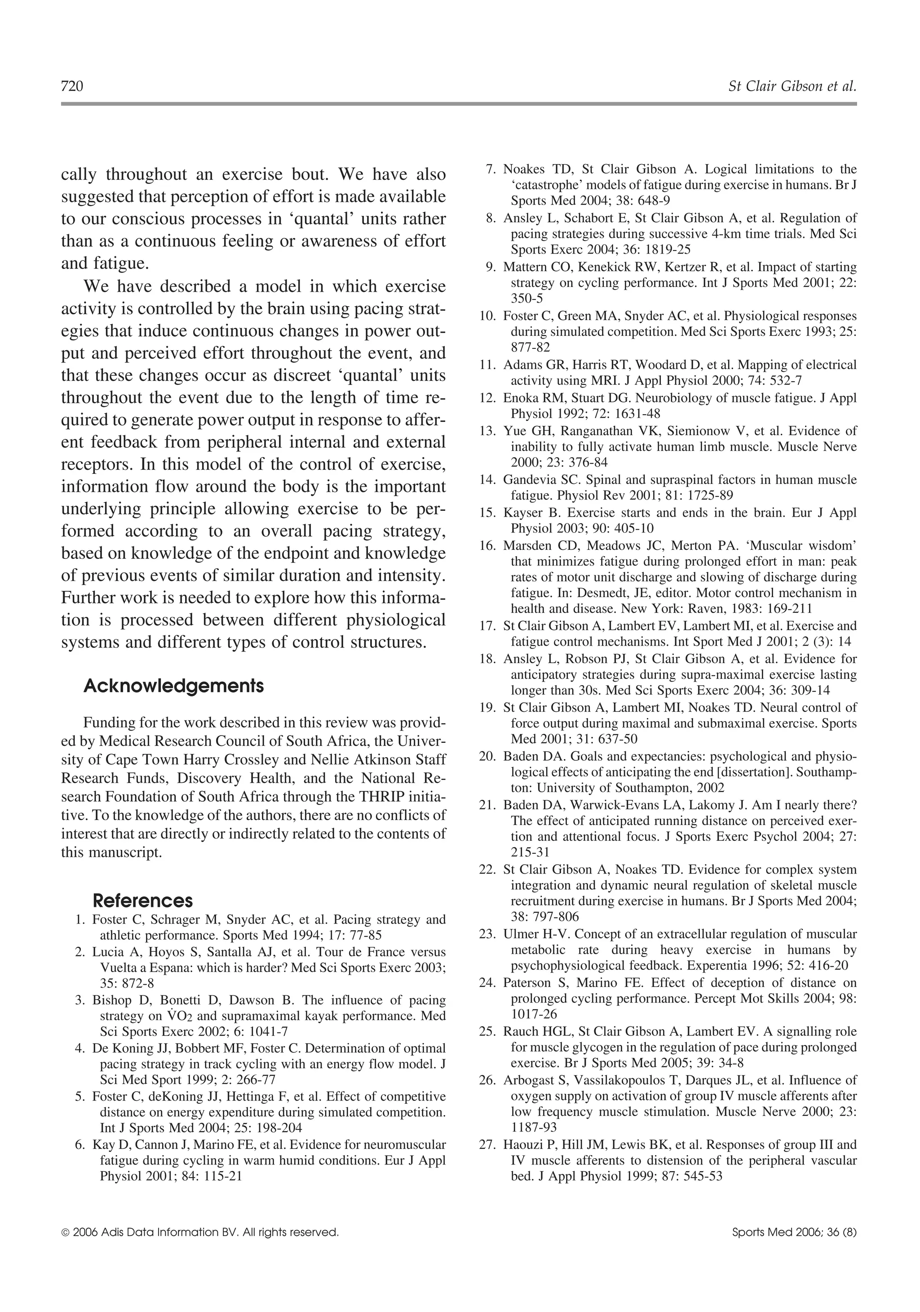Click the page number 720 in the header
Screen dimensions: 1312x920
[72, 86]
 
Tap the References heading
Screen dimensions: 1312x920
[143, 901]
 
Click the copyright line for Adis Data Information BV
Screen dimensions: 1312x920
[200, 1232]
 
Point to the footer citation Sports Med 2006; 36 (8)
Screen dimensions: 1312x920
[794, 1232]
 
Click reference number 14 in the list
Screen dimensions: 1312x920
[487, 480]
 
